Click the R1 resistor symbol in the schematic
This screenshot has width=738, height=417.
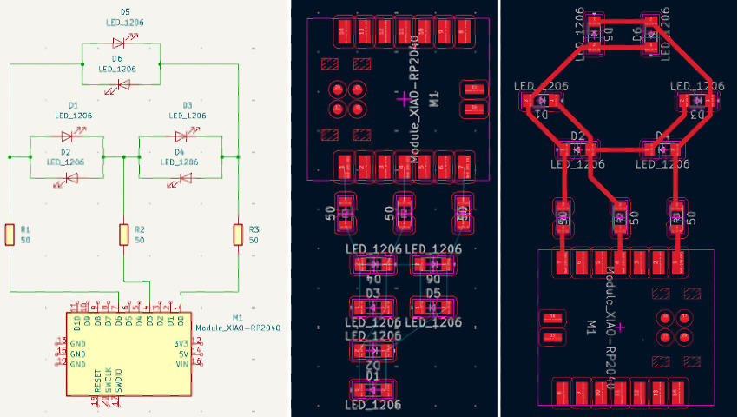(x=10, y=235)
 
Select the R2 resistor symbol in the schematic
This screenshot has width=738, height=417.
(x=124, y=235)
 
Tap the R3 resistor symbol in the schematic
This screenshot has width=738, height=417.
(x=237, y=235)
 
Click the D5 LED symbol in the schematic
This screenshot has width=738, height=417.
(x=122, y=42)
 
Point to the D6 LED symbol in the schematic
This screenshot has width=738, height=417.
(x=122, y=84)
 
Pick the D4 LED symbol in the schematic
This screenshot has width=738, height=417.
(x=183, y=179)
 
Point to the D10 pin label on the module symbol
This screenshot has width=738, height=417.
(x=76, y=323)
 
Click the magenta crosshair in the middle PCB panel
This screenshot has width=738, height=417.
(x=402, y=101)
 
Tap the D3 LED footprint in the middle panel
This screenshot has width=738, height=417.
(x=373, y=307)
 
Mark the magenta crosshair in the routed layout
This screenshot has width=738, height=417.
(x=621, y=326)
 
